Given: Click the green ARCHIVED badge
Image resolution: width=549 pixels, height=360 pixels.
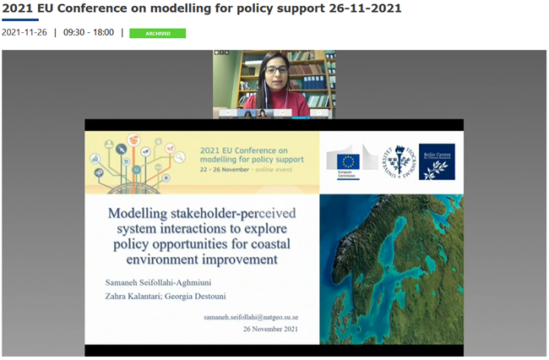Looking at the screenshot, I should (157, 33).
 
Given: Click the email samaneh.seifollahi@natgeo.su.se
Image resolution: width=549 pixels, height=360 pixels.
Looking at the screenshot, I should (251, 317).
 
